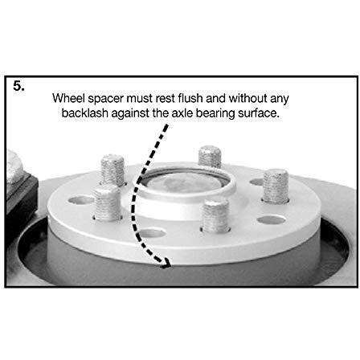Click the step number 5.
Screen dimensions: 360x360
point(18,86)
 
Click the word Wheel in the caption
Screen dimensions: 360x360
point(68,98)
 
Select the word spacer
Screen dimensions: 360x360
point(105,100)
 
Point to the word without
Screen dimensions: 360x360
point(247,98)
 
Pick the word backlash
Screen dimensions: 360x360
point(84,113)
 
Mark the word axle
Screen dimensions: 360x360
point(182,113)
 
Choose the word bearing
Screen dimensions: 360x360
point(215,114)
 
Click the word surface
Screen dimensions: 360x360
point(259,113)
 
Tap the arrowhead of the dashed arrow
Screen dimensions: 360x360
point(166,263)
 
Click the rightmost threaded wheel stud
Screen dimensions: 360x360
point(276,186)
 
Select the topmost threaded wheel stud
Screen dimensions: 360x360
point(210,157)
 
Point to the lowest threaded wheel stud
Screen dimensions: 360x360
point(215,215)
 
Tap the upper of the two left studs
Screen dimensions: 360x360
point(112,170)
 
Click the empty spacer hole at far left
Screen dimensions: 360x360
point(80,200)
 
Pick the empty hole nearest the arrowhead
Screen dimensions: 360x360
point(151,233)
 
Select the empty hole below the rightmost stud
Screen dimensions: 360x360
point(271,220)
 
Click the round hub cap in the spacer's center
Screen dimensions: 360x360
point(186,182)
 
